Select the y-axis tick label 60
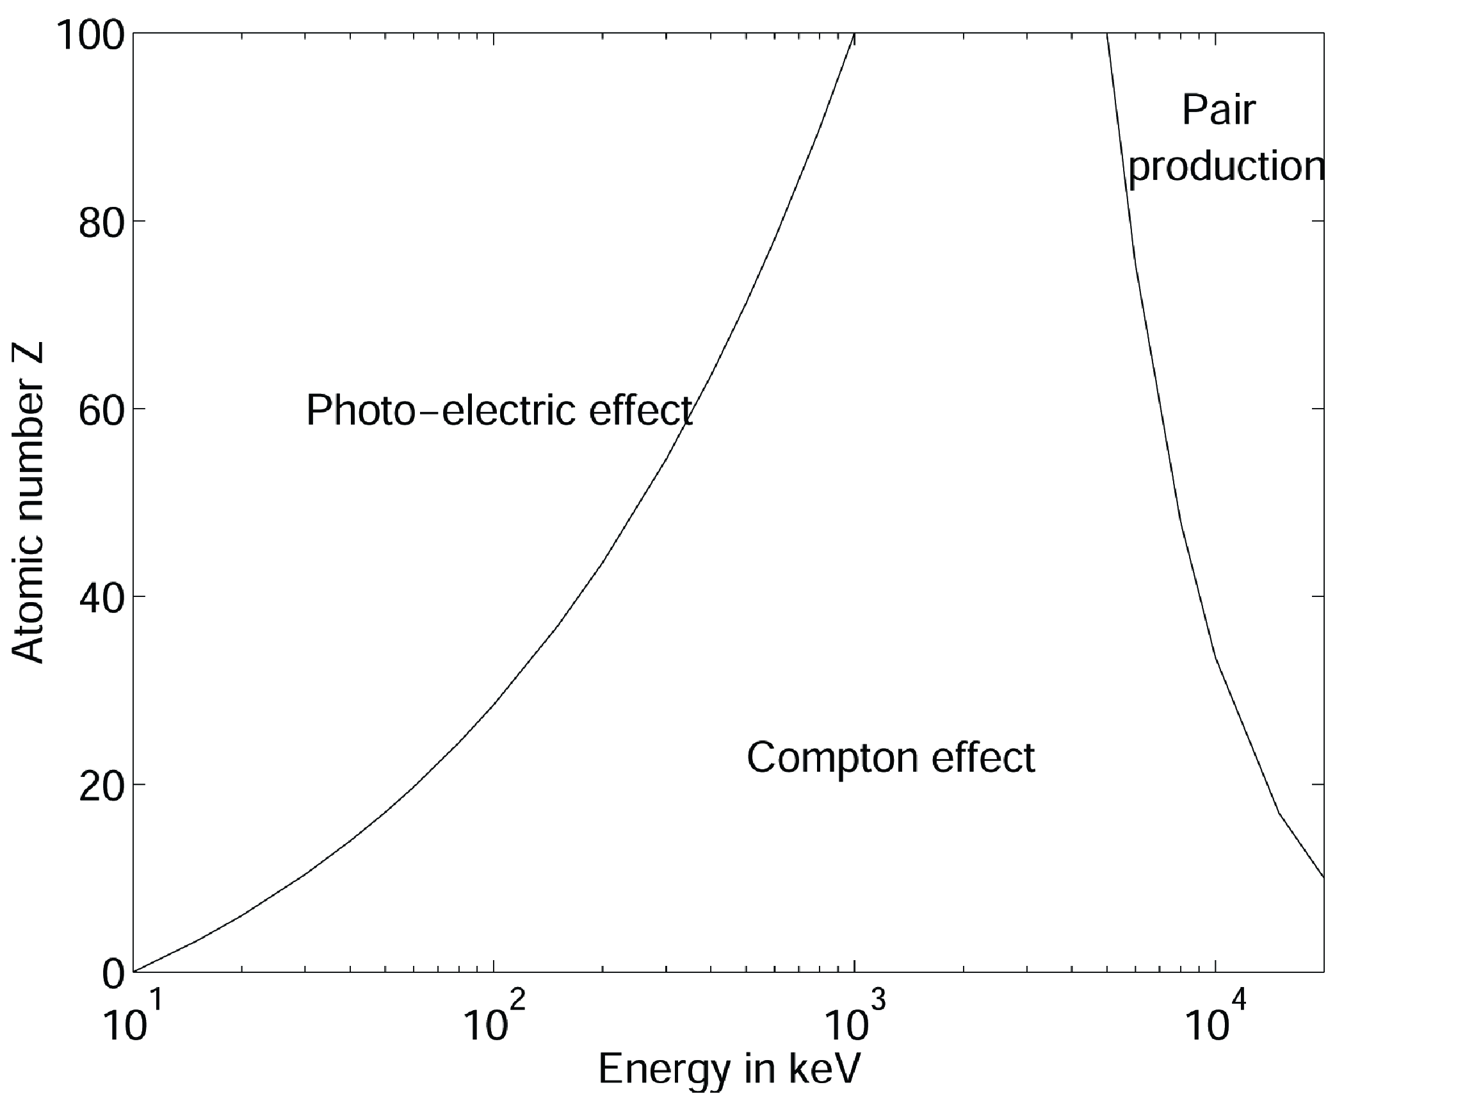(x=101, y=411)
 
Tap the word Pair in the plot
(x=1218, y=110)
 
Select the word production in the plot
(x=1226, y=167)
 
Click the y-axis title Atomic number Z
(x=28, y=503)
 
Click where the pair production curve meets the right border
(x=1323, y=878)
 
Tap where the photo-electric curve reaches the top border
(x=855, y=33)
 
